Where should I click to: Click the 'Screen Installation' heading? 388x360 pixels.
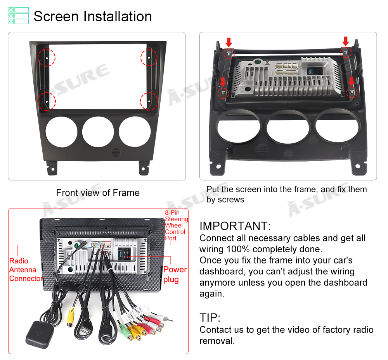[93, 16]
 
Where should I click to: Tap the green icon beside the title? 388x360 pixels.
[19, 16]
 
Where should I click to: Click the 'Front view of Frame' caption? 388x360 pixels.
[98, 193]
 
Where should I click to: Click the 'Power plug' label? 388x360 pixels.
[175, 274]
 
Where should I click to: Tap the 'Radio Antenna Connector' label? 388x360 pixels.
[26, 270]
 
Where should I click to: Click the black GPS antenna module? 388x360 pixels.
[39, 335]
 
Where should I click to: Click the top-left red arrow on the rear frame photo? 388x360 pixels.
[229, 42]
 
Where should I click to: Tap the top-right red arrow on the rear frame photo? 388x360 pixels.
[346, 41]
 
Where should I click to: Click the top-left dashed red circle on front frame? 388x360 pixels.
[46, 57]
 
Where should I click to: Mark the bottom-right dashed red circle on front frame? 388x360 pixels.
[149, 101]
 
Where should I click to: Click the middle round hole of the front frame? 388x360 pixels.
[98, 132]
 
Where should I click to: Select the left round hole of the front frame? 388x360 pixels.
[61, 132]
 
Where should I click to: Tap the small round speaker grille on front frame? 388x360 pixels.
[116, 152]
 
